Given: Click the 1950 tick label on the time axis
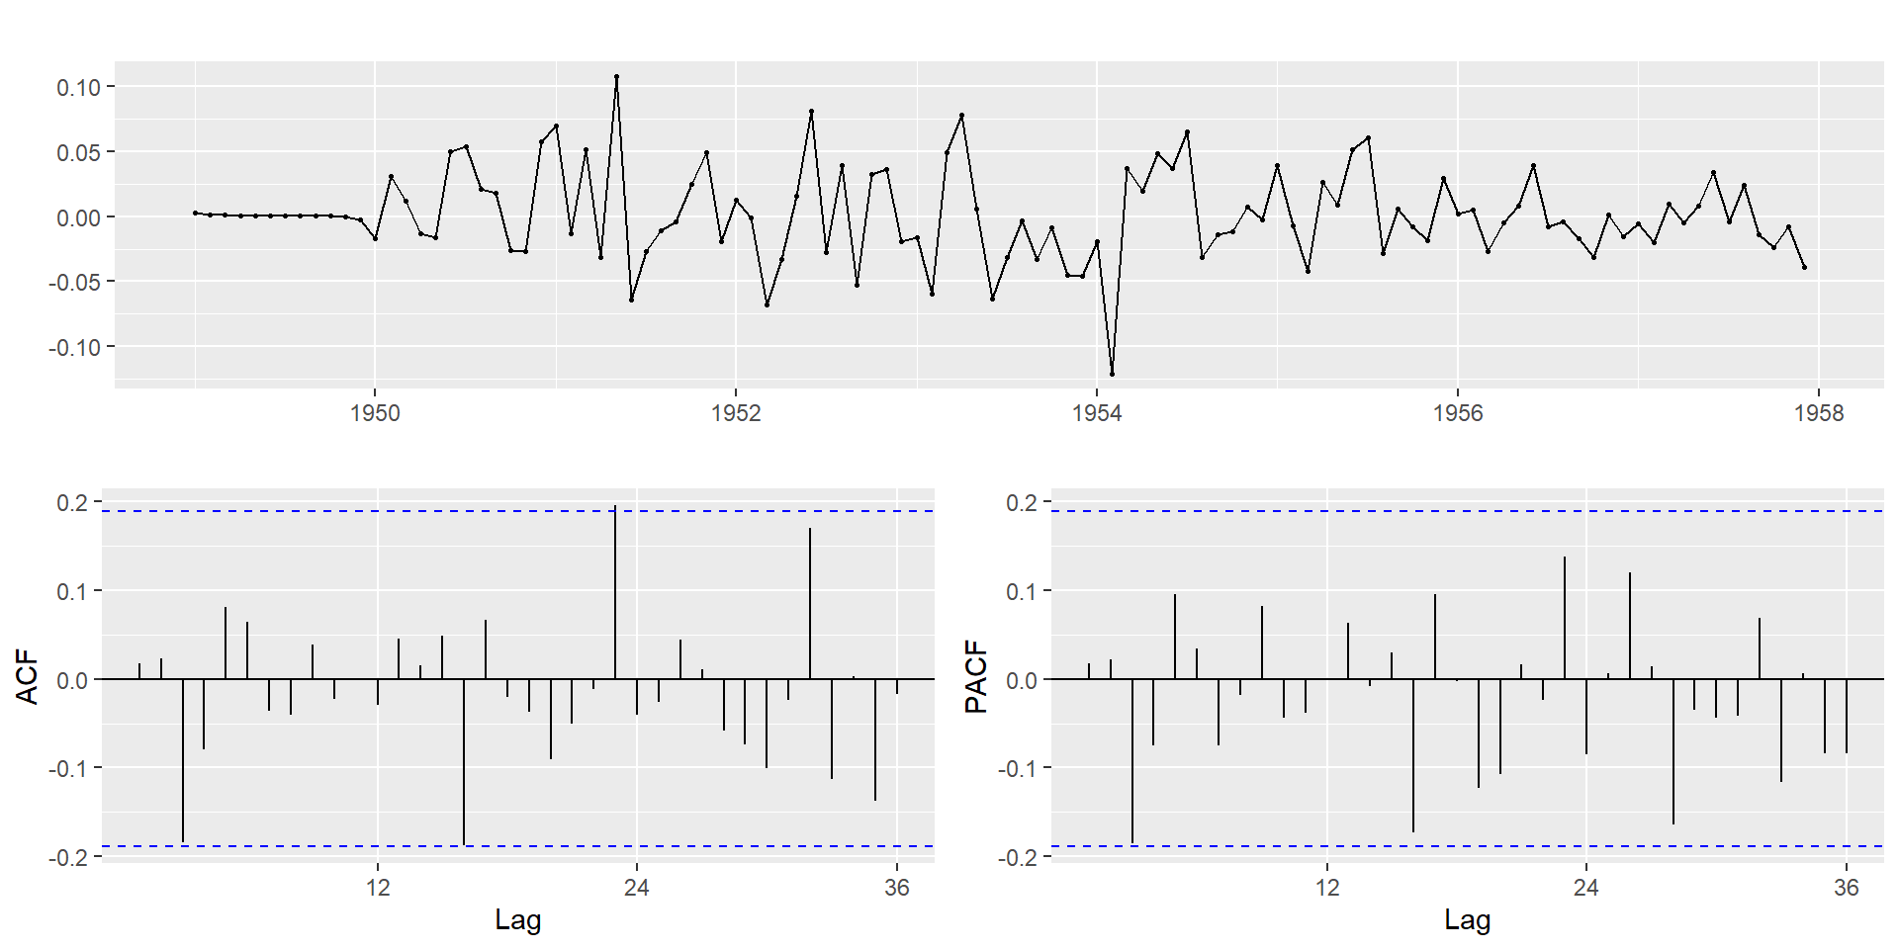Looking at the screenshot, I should click(x=375, y=413).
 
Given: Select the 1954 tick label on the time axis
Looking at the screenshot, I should click(x=1097, y=413).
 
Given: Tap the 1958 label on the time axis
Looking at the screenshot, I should click(x=1819, y=413).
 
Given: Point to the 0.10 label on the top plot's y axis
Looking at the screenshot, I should click(x=78, y=87).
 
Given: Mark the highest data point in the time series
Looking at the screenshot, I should click(x=616, y=76).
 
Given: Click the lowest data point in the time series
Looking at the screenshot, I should click(x=1112, y=374).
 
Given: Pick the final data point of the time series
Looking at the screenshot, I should click(x=1804, y=267).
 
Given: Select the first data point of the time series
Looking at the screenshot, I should click(x=195, y=213).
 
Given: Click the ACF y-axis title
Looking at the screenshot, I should click(x=28, y=676).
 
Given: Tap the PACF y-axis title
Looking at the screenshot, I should click(x=976, y=676).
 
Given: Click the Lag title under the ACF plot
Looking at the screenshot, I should click(x=517, y=920).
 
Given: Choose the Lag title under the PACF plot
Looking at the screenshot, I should click(x=1467, y=920).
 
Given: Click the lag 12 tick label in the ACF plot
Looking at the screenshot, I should click(x=378, y=887).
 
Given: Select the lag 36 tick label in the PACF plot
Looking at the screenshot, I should click(x=1846, y=887).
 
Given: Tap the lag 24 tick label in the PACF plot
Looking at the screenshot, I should click(x=1585, y=887).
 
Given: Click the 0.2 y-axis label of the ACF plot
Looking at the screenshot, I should click(x=72, y=502).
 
